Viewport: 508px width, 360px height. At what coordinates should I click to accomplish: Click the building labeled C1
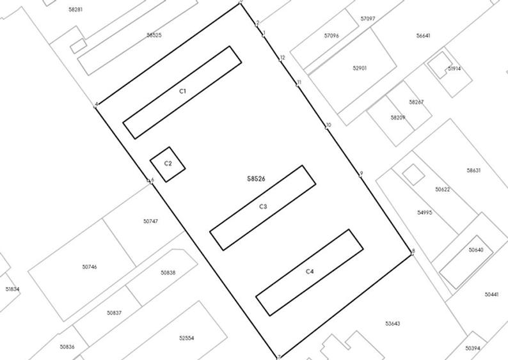pyautogui.click(x=182, y=91)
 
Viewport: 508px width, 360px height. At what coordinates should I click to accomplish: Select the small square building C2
pyautogui.click(x=168, y=164)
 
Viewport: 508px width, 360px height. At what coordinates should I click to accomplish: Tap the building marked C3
pyautogui.click(x=263, y=207)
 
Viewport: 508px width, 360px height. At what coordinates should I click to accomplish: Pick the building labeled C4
pyautogui.click(x=310, y=272)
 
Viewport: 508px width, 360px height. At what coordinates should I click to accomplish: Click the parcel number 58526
pyautogui.click(x=256, y=180)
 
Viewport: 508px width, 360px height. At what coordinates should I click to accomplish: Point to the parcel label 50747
pyautogui.click(x=150, y=221)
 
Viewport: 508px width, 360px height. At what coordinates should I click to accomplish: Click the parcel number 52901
pyautogui.click(x=360, y=68)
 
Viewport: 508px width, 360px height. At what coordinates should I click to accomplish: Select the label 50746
pyautogui.click(x=90, y=267)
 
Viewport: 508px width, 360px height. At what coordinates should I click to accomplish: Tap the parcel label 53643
pyautogui.click(x=392, y=324)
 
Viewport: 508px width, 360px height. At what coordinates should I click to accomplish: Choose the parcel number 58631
pyautogui.click(x=473, y=171)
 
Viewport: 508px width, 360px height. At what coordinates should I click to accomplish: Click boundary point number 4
pyautogui.click(x=96, y=107)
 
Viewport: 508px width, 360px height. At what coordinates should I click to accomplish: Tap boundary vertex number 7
pyautogui.click(x=278, y=356)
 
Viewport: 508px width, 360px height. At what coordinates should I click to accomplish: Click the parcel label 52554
pyautogui.click(x=186, y=338)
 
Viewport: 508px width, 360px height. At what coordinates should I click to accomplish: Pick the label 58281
pyautogui.click(x=75, y=10)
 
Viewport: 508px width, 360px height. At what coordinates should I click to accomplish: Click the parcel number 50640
pyautogui.click(x=475, y=250)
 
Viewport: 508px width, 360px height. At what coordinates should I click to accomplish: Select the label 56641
pyautogui.click(x=423, y=36)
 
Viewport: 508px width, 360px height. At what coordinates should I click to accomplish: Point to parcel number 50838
pyautogui.click(x=168, y=272)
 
